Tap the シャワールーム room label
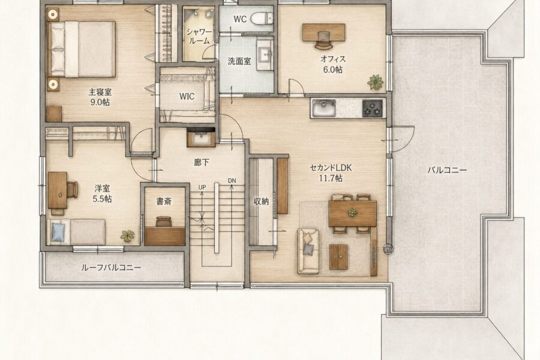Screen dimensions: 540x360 tap(199, 36)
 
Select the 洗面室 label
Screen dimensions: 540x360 tap(239, 62)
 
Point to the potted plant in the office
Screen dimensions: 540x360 tap(375, 82)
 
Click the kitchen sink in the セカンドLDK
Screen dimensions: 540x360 tap(323, 108)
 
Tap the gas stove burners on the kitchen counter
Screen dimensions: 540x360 tap(373, 108)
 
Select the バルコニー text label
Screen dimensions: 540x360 tap(447, 170)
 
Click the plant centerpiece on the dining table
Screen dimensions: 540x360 tap(352, 212)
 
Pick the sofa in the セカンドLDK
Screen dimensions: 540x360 tap(308, 251)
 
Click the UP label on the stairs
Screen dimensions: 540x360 tap(202, 187)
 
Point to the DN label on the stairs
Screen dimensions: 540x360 tap(232, 181)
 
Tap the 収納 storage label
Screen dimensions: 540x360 tap(261, 201)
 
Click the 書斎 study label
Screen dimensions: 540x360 tap(164, 201)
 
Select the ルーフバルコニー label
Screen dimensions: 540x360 tap(111, 268)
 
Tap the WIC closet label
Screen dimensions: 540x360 tap(187, 97)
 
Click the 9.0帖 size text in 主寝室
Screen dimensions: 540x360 tap(100, 103)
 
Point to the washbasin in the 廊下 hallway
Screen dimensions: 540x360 tap(201, 138)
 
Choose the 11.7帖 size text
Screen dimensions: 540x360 tap(331, 178)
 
